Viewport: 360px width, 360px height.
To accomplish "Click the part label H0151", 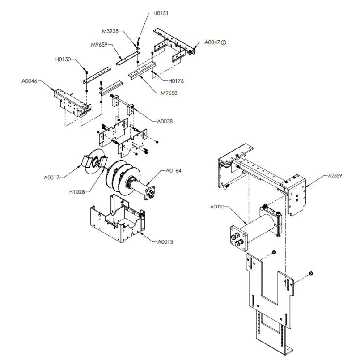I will coord(161,13).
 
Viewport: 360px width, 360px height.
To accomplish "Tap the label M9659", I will coord(99,45).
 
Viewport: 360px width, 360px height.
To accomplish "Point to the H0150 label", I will coord(63,59).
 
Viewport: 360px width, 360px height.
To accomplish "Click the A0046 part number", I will coord(30,81).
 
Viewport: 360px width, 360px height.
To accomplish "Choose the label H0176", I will coord(176,81).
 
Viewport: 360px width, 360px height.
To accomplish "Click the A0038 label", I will coord(165,121).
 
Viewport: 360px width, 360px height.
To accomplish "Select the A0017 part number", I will coord(51,177).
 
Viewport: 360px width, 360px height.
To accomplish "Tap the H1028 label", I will coord(77,191).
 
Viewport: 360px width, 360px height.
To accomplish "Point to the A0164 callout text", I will coord(174,170).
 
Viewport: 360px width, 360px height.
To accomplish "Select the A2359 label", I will coord(334,176).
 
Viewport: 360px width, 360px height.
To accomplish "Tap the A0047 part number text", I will coord(212,42).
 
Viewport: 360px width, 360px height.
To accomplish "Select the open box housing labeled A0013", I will coord(116,224).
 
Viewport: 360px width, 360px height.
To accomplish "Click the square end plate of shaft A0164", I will coord(150,193).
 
